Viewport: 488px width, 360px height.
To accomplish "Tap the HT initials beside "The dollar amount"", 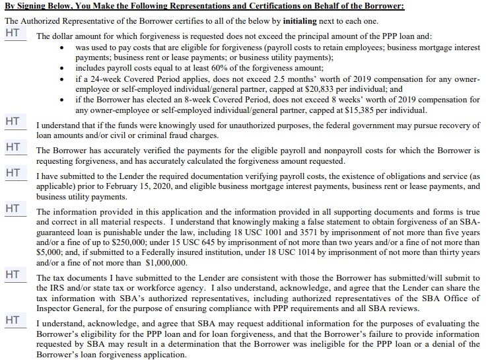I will coord(12,32).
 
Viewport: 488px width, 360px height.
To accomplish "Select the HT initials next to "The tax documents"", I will coord(12,273).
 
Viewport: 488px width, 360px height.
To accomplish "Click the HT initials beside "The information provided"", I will coord(12,209).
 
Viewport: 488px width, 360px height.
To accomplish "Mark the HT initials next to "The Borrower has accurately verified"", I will coord(12,147).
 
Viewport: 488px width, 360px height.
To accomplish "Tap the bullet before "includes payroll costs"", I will coord(62,68).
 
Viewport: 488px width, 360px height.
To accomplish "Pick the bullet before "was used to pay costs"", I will coord(62,49).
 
